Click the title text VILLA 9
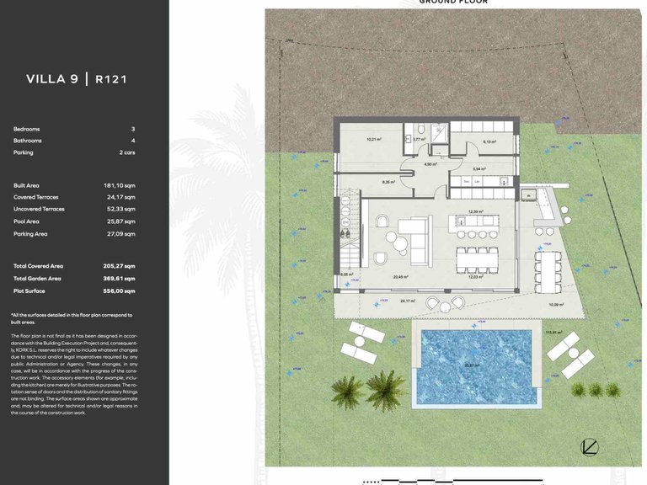52,79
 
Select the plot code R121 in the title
111,79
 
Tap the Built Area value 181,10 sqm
119,185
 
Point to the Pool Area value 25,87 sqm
120,221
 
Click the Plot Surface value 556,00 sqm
119,291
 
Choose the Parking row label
24,152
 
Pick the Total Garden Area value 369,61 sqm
119,278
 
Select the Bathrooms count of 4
133,141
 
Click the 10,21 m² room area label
374,138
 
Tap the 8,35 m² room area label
388,182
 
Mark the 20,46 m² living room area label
400,276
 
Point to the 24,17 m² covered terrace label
408,301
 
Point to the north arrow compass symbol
590,447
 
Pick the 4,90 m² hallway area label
429,164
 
